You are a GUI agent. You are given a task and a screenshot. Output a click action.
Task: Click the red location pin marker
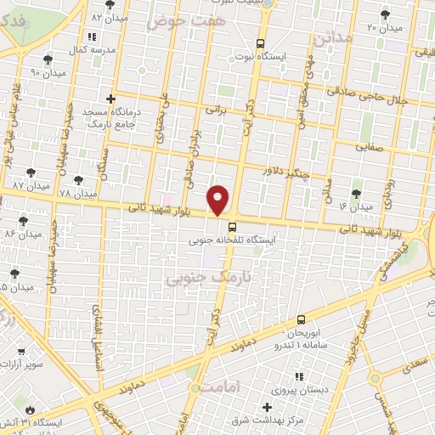click(x=218, y=200)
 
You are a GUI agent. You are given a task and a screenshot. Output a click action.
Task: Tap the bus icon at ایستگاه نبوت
click(x=260, y=44)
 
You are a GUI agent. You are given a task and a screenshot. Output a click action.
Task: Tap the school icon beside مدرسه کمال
click(x=92, y=37)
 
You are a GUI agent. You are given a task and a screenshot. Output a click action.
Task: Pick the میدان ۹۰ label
click(x=48, y=73)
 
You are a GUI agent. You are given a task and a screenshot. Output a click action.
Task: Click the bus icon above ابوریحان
click(x=302, y=320)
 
